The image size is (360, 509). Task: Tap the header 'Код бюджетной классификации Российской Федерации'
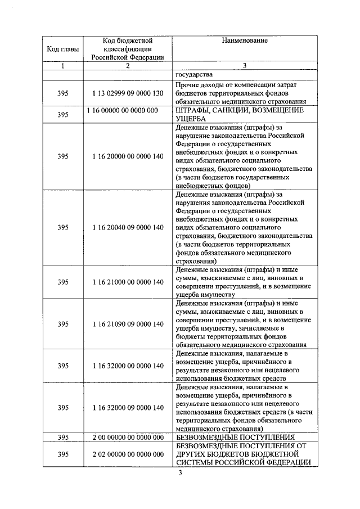(x=128, y=49)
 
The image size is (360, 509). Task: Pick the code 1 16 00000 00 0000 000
(x=123, y=110)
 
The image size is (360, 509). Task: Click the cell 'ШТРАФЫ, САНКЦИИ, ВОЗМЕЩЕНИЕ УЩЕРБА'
(x=239, y=114)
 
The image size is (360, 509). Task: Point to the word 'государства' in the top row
(x=194, y=75)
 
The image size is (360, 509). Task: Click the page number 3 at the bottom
(x=180, y=472)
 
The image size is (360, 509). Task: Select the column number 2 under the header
(x=128, y=66)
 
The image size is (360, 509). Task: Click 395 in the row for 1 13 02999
(x=63, y=93)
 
